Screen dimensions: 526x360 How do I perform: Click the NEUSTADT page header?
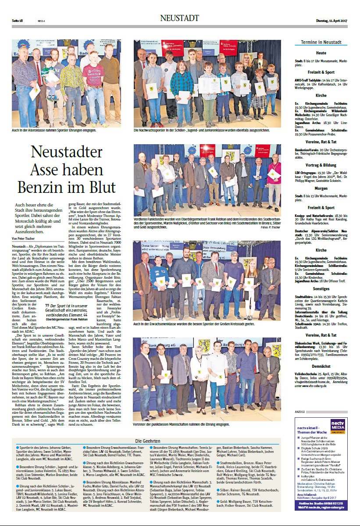tap(179, 18)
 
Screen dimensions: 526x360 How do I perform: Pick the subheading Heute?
tap(321, 53)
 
